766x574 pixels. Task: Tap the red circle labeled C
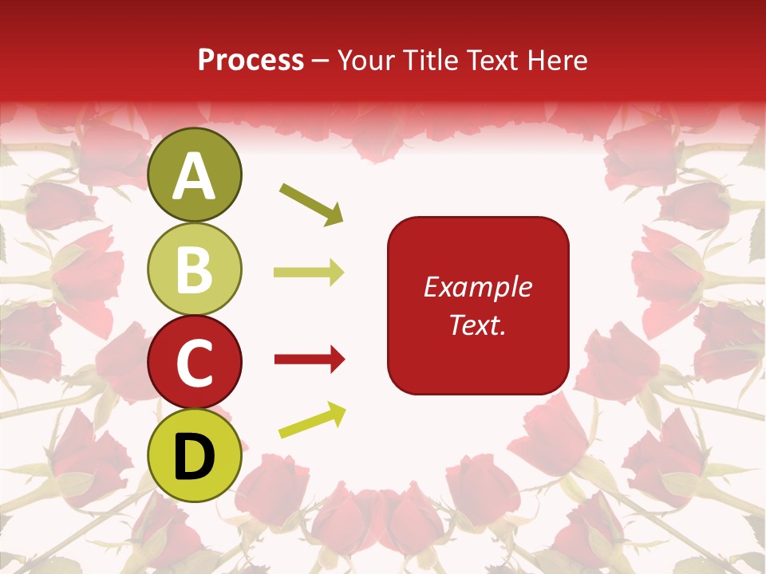195,363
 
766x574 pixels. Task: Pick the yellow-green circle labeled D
195,456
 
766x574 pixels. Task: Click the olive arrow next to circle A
311,204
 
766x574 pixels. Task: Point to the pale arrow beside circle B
309,273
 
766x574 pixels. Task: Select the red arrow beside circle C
309,360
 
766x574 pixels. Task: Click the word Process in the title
251,61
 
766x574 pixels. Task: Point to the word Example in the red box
477,287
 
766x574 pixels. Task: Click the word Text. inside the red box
477,324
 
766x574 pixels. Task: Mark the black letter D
195,457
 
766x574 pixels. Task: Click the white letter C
195,364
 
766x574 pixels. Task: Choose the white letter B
195,269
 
